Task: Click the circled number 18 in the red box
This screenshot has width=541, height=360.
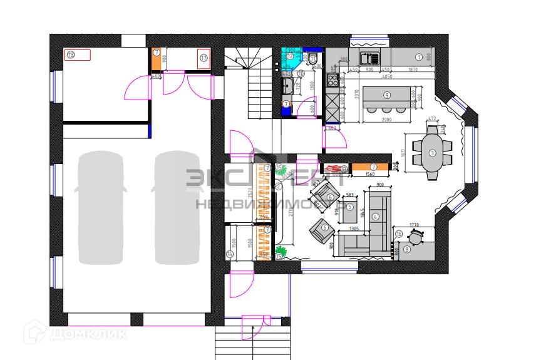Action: click(70, 55)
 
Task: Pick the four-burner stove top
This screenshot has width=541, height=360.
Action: click(332, 80)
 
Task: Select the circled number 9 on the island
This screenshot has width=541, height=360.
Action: click(387, 95)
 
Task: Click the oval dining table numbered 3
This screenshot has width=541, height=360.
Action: click(433, 153)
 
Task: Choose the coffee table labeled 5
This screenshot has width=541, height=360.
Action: click(350, 207)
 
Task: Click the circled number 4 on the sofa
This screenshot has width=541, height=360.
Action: click(376, 217)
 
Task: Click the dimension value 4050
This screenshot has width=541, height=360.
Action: click(388, 76)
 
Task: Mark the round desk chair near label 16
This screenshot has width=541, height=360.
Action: click(415, 237)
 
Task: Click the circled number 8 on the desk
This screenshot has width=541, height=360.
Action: click(408, 249)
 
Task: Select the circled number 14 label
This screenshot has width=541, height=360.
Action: click(230, 254)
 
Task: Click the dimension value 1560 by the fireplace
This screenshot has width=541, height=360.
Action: click(370, 175)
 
